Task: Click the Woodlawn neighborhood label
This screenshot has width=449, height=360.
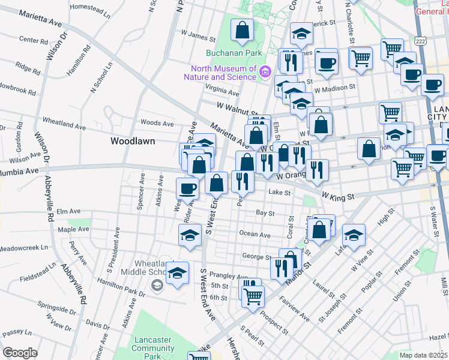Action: pos(133,141)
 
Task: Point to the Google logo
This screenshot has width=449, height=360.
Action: pos(20,352)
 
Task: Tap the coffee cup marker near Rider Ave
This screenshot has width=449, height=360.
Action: pos(187,189)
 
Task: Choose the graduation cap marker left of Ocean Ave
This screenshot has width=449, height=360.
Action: pos(190,235)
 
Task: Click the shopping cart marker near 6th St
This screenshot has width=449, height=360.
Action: pos(253,295)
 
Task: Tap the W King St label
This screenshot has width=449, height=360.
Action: pos(339,196)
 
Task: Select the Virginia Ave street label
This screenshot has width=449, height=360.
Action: pos(221,92)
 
